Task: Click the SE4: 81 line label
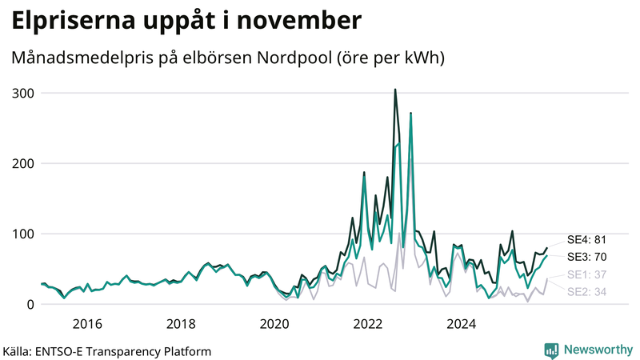[x=588, y=239]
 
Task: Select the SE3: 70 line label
[x=588, y=257]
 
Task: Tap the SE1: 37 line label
[x=588, y=275]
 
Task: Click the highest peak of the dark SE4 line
[x=395, y=90]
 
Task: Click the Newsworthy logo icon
[x=551, y=350]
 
